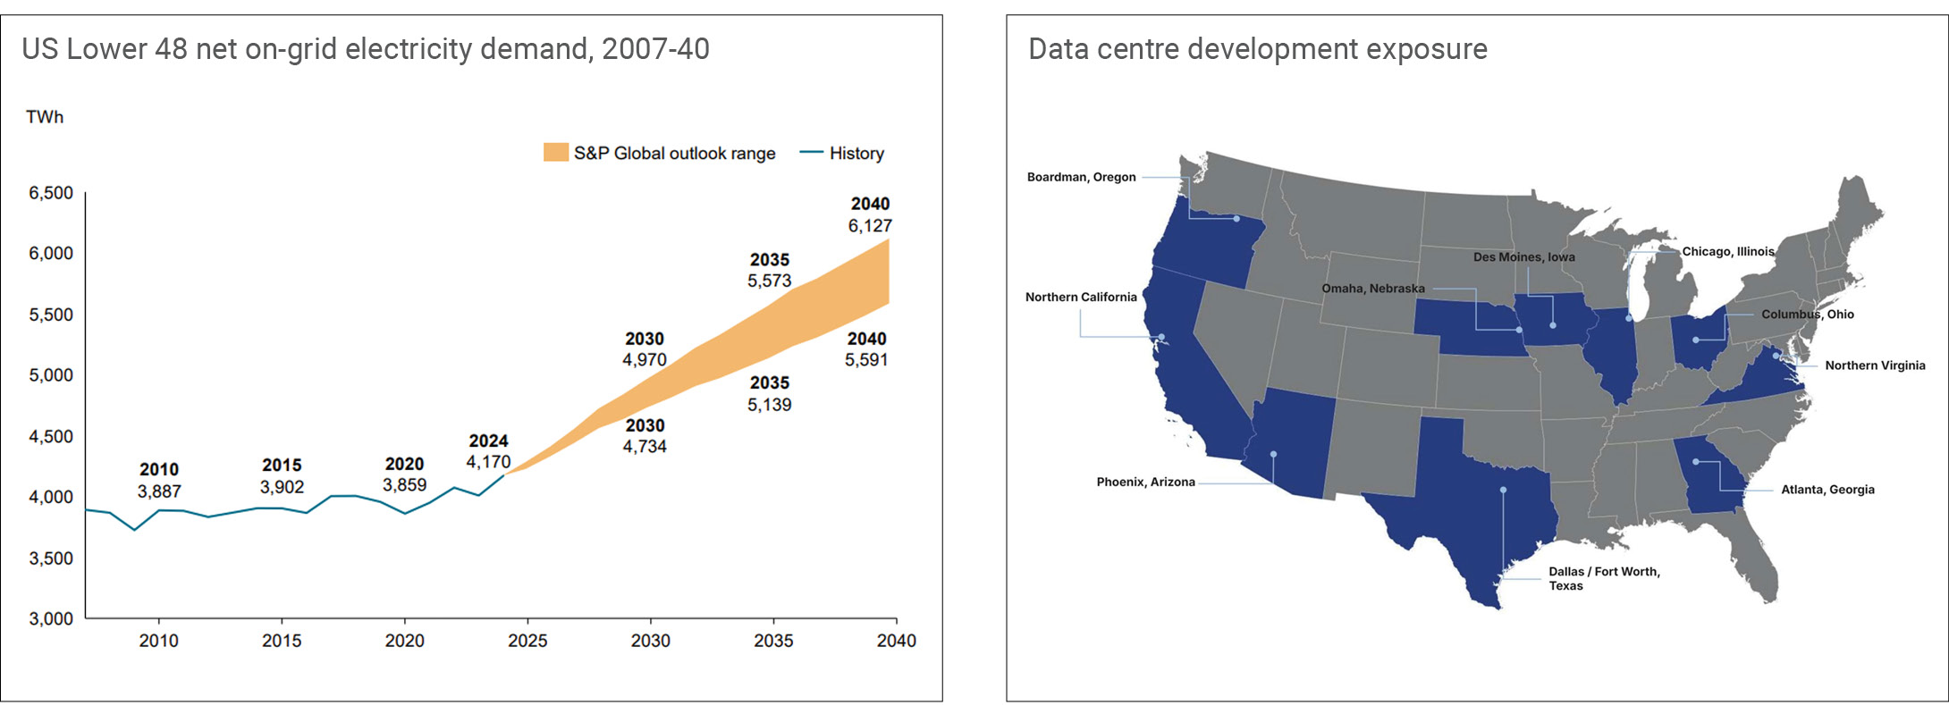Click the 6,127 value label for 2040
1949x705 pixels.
(870, 226)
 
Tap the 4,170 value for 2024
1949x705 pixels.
(488, 462)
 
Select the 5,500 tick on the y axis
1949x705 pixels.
(51, 315)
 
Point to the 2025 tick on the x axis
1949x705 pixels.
(527, 641)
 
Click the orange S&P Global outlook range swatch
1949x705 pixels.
(555, 153)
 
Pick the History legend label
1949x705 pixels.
(856, 154)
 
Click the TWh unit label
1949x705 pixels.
(45, 117)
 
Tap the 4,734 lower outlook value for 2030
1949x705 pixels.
(645, 447)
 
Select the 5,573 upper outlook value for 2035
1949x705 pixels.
(770, 281)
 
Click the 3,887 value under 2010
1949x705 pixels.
(159, 491)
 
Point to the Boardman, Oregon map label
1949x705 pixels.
(1081, 177)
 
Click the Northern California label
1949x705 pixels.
(1081, 297)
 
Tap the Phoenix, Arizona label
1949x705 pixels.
(1145, 482)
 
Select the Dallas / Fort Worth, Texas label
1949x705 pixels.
(1604, 578)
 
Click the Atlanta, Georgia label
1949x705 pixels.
(1827, 490)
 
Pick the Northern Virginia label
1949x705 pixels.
(1875, 365)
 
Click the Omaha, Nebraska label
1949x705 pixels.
(1373, 289)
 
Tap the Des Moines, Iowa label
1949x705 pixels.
(1523, 257)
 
